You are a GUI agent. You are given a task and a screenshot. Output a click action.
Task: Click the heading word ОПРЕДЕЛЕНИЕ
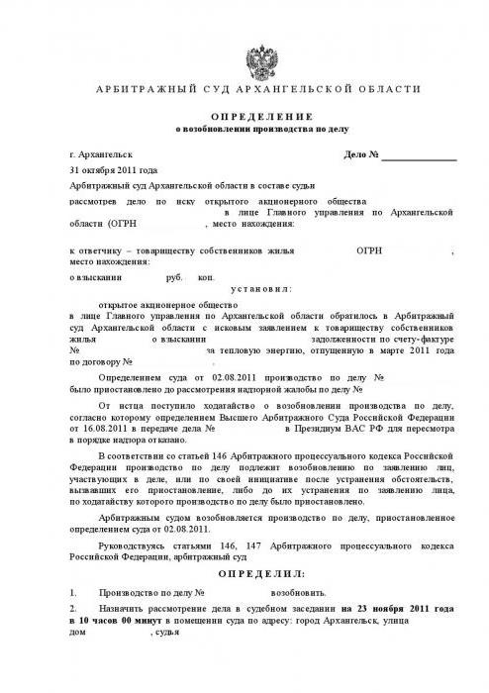(244, 115)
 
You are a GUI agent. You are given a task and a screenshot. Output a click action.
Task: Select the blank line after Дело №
(420, 155)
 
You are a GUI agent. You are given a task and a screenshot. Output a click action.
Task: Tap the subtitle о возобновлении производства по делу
(244, 130)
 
